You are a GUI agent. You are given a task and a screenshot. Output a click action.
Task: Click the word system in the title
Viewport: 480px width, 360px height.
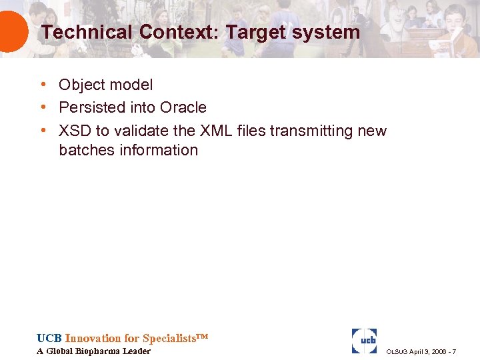coord(325,31)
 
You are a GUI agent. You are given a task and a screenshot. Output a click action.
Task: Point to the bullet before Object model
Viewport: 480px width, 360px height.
coord(42,85)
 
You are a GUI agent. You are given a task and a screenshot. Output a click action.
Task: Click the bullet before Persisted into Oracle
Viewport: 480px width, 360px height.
coord(42,107)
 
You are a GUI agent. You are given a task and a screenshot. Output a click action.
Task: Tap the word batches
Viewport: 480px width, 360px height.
coord(87,150)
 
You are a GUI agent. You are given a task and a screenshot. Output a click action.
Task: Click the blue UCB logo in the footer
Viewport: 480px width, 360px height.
coord(364,340)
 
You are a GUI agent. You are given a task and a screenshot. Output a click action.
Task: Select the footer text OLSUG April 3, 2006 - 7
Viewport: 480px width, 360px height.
coord(421,351)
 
